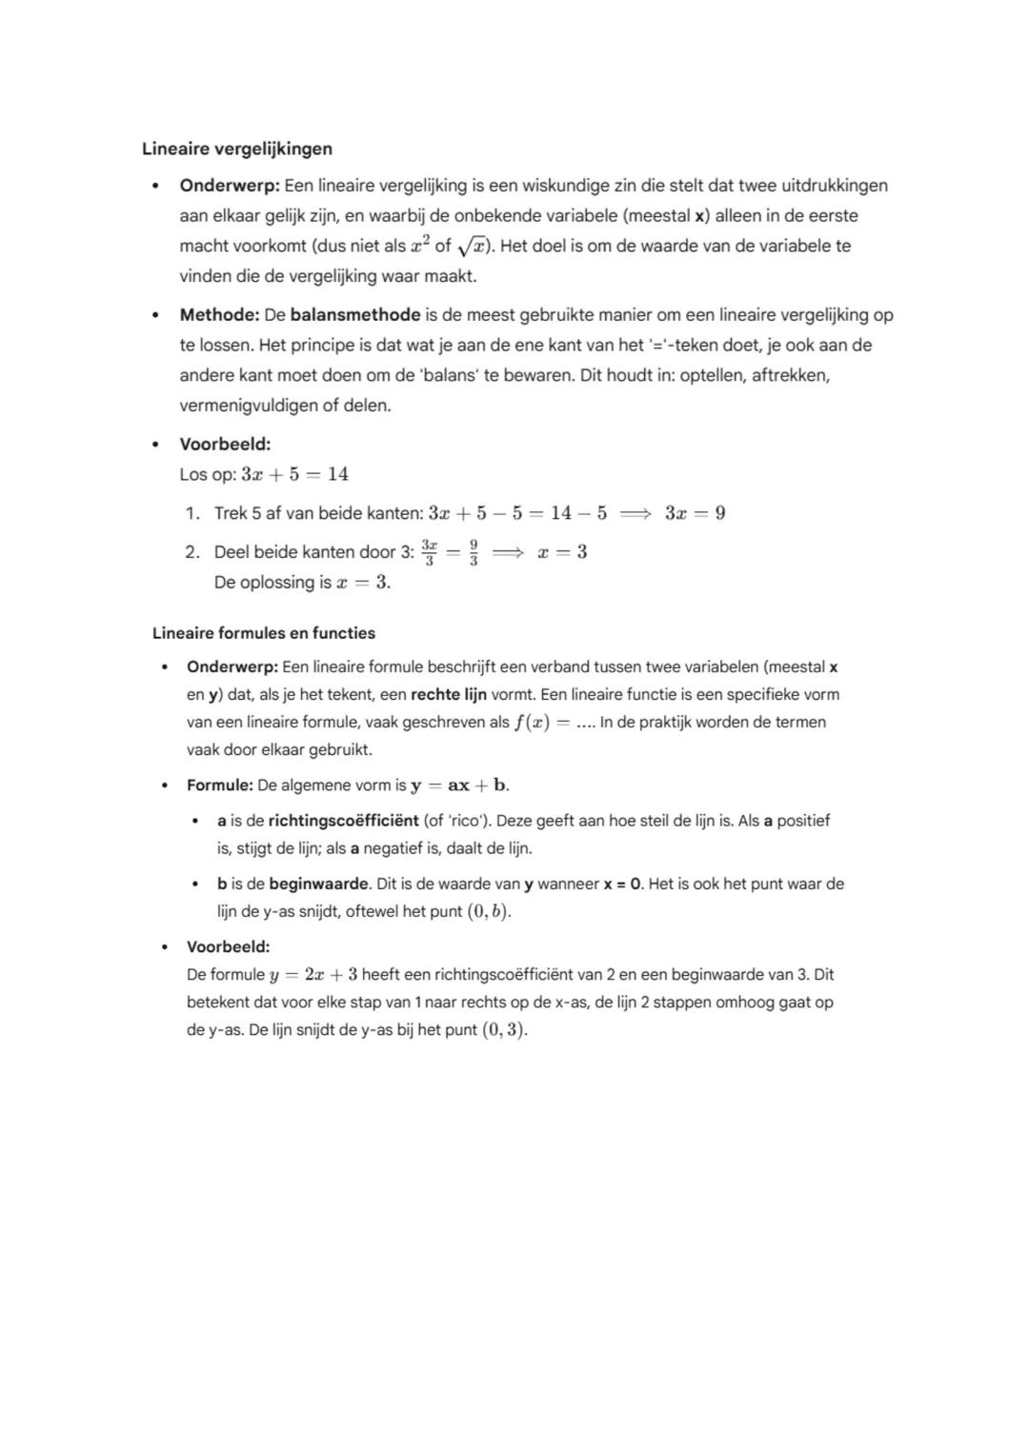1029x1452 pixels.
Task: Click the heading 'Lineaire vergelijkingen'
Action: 237,149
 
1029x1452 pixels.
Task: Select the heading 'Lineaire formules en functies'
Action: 264,633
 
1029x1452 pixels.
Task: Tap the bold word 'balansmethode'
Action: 355,314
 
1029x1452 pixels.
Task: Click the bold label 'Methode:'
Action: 219,314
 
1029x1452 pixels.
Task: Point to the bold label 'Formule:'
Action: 219,786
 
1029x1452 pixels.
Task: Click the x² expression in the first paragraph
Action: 420,246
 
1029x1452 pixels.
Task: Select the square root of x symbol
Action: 474,247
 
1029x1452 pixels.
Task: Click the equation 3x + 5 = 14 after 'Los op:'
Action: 295,474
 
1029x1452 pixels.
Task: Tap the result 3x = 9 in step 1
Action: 695,513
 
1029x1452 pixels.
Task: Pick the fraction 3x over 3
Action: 430,552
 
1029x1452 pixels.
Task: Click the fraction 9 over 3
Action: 474,552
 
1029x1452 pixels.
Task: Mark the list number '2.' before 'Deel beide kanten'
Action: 192,552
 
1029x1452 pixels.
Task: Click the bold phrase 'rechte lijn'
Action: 449,694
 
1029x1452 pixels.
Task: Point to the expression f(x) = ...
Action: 542,722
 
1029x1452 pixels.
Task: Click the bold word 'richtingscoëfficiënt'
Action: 343,820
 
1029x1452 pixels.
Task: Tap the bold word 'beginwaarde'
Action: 318,884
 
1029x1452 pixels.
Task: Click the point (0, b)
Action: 488,911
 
